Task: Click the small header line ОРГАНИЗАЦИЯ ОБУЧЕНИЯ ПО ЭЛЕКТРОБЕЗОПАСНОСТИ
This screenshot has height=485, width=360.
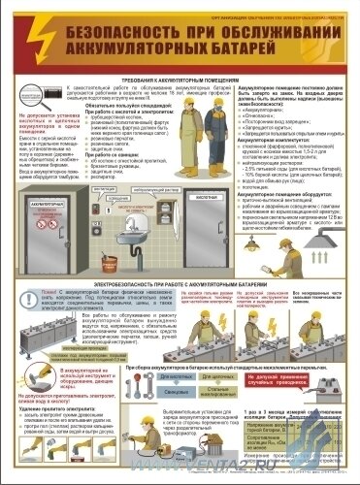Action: [282, 9]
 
